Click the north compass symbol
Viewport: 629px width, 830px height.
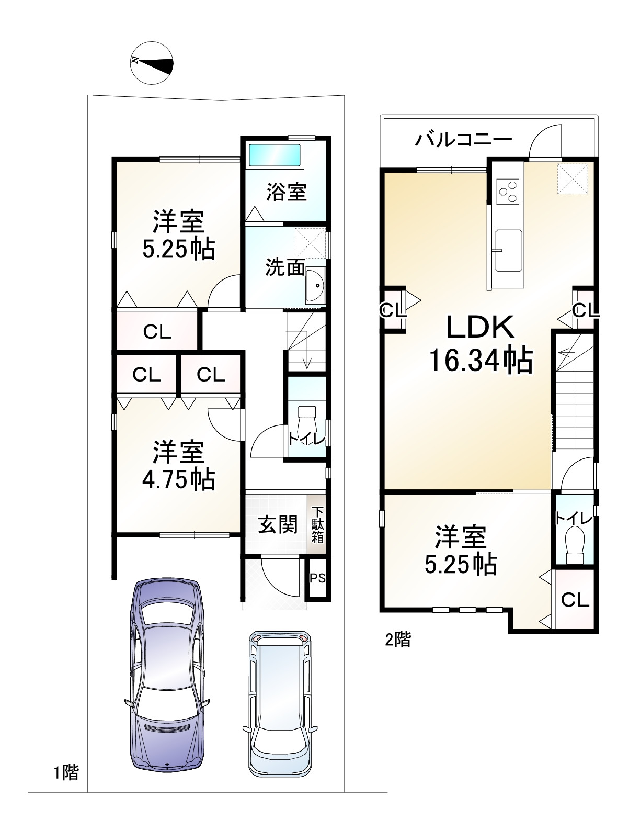[152, 62]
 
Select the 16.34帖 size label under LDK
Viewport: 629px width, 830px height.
[481, 361]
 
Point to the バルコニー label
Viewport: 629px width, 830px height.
[464, 140]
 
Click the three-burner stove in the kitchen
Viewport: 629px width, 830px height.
[508, 192]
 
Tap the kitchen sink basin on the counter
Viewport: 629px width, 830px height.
[509, 250]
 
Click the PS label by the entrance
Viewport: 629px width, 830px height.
[317, 578]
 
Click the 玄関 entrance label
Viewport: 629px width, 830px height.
[278, 524]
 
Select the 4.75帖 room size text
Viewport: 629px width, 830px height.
[179, 479]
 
